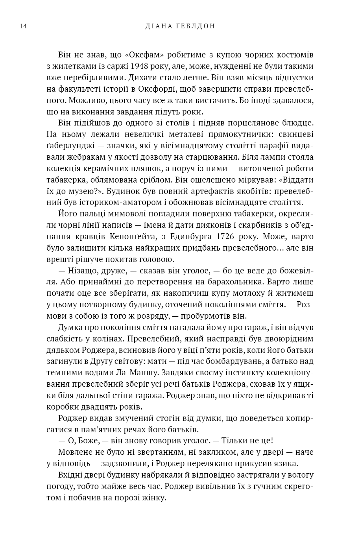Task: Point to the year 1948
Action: pos(142,66)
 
